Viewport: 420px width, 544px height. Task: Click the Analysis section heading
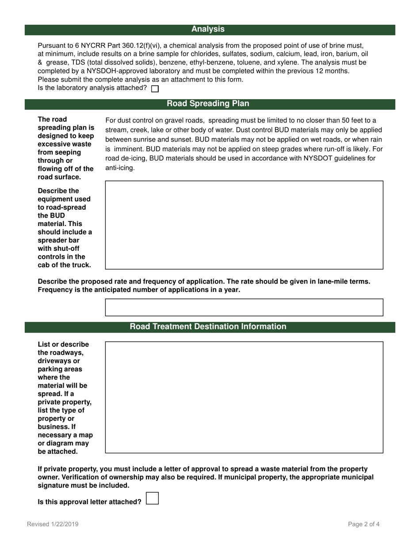[208, 29]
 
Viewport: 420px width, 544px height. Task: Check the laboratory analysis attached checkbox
[155, 88]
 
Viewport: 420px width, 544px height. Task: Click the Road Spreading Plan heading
[208, 104]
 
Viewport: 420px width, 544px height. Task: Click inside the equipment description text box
[244, 225]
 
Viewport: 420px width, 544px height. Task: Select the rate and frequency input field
[244, 307]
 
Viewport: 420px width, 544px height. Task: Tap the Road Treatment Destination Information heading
[208, 327]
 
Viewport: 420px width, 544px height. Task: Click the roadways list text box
[244, 397]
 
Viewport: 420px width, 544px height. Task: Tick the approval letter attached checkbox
[152, 498]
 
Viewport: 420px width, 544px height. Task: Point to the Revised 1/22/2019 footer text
[53, 525]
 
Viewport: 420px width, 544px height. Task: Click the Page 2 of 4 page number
[364, 525]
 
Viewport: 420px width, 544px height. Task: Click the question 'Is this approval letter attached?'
[90, 502]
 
